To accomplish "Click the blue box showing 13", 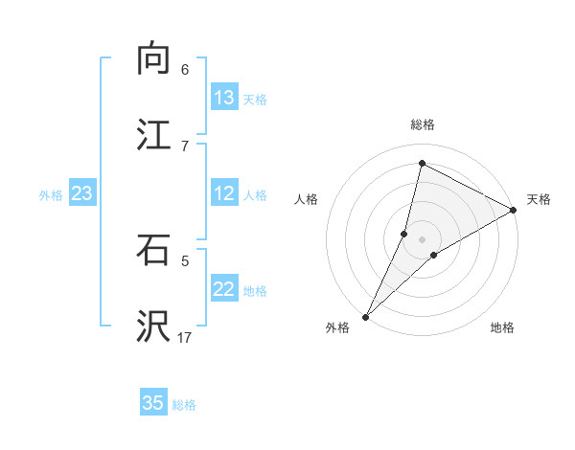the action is (x=224, y=98).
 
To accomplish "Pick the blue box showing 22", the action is (x=224, y=290).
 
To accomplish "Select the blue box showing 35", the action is (x=153, y=403).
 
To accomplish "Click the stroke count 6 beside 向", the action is (x=184, y=70).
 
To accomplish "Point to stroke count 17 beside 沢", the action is (x=186, y=338).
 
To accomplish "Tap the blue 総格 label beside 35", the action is (x=184, y=405).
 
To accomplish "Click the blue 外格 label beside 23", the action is (x=51, y=195).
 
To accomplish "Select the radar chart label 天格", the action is (x=539, y=199).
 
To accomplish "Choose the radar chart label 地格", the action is (x=502, y=328).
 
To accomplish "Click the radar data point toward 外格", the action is (x=365, y=317).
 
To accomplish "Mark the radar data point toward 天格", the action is (x=514, y=210).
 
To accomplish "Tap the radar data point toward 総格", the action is (x=422, y=162).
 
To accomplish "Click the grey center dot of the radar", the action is (x=422, y=238).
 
